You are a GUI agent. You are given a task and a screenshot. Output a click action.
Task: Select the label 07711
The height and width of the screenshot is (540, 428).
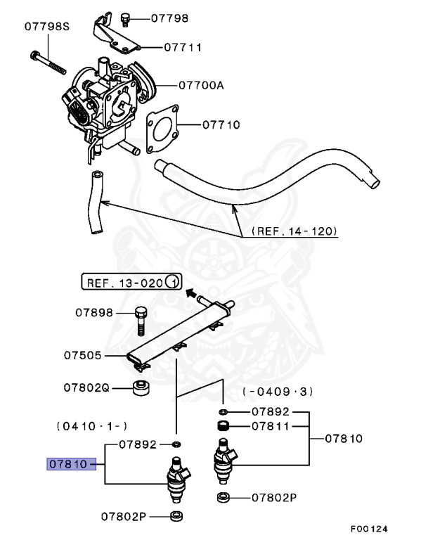(x=183, y=48)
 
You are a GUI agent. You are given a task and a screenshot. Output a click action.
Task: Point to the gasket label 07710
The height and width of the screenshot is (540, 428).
(x=221, y=126)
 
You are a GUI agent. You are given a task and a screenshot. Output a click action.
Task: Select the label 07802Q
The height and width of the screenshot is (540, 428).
(x=86, y=387)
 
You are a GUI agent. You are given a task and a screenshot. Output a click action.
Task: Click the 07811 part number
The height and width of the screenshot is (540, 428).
(x=271, y=425)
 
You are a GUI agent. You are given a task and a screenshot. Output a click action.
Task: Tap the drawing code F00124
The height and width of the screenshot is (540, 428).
(x=369, y=528)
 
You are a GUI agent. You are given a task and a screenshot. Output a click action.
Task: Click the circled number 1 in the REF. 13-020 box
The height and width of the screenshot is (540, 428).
(x=173, y=283)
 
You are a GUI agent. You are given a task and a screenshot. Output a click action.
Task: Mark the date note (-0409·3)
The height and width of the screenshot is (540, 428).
(x=277, y=391)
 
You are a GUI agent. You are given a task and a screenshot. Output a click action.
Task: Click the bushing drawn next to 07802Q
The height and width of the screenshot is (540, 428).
(x=141, y=387)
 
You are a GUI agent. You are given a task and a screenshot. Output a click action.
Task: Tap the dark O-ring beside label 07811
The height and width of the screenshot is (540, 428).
(x=223, y=425)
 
